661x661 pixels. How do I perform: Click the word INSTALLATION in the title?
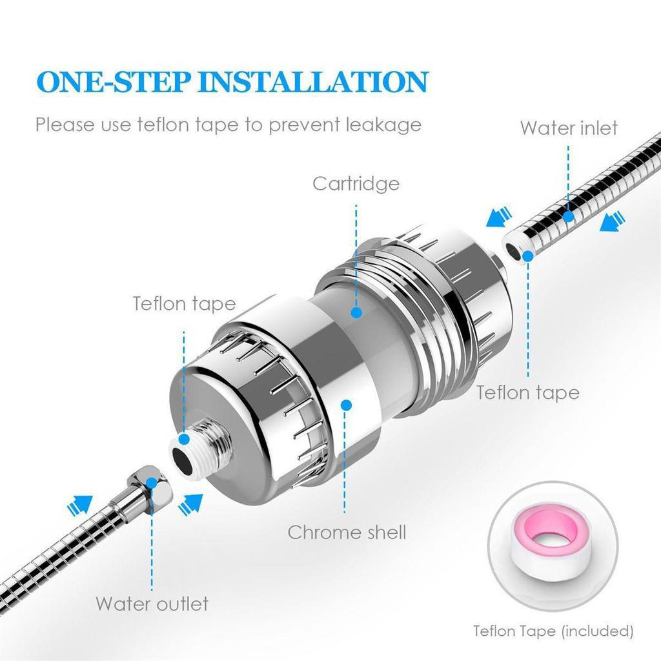(312, 83)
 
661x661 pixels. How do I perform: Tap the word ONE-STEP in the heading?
(112, 83)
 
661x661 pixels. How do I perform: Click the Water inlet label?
(569, 128)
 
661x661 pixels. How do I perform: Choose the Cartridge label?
(356, 183)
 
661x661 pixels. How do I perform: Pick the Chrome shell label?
(347, 532)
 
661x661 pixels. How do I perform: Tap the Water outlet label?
(152, 604)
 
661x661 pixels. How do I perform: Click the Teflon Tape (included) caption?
(553, 630)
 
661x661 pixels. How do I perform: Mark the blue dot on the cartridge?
(356, 312)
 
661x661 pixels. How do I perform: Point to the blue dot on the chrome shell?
(347, 405)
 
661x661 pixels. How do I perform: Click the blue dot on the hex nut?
(152, 482)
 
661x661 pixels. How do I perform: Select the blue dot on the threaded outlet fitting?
(184, 439)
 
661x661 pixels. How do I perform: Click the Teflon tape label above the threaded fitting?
(184, 303)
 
